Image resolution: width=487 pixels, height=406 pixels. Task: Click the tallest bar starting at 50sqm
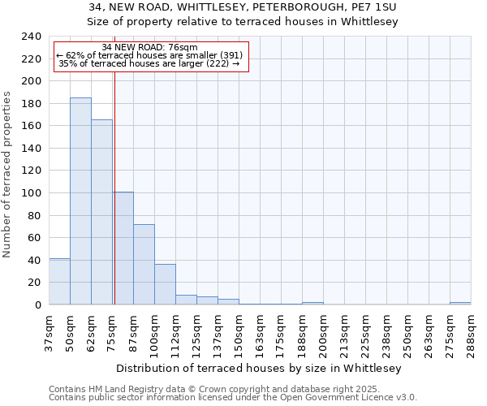pos(80,201)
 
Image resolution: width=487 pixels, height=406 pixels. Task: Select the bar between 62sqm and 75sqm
pos(101,212)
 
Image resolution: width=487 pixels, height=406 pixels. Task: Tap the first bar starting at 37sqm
pos(59,282)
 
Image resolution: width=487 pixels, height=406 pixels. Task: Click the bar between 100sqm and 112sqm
pos(165,284)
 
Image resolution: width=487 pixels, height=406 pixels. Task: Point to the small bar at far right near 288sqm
pos(460,303)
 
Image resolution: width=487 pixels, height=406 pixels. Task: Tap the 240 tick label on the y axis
pos(32,37)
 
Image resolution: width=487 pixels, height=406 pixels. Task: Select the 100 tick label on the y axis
pos(32,193)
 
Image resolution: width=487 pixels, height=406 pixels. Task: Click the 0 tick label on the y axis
pos(38,305)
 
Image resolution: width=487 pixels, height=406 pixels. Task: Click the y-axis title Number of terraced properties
pos(7,174)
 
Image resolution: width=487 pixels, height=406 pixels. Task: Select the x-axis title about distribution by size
pos(260,368)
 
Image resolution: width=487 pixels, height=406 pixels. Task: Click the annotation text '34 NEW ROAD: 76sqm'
pos(150,47)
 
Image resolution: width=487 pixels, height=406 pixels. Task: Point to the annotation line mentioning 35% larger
pos(149,63)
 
